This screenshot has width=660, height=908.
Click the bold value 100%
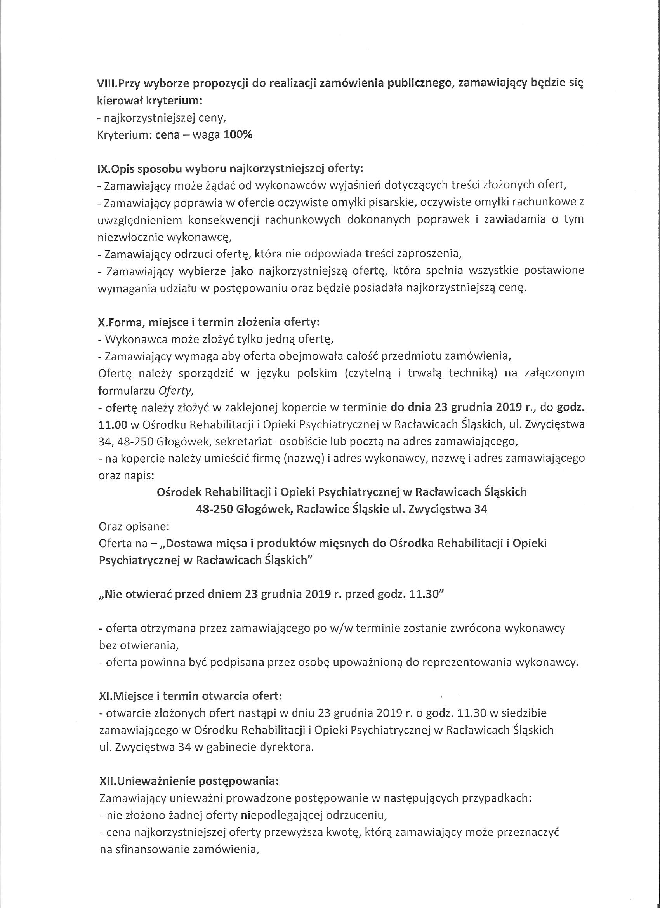[238, 135]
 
